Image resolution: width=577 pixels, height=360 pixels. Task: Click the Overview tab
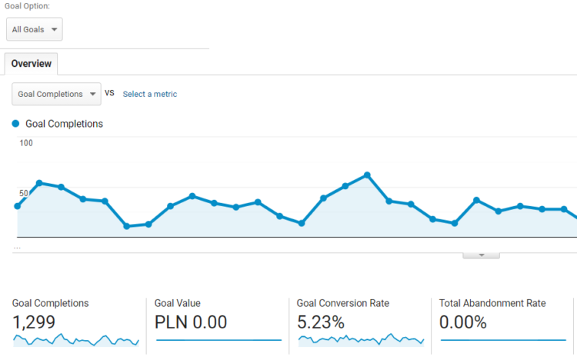[31, 64]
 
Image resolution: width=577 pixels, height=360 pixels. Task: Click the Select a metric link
[150, 94]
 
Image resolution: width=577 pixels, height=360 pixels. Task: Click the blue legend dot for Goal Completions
[16, 123]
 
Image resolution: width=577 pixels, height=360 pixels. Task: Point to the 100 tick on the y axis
[26, 143]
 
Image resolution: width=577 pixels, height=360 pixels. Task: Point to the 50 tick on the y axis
[24, 193]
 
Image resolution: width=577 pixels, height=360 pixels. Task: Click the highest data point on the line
[367, 175]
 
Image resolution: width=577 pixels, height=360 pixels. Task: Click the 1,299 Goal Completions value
[34, 322]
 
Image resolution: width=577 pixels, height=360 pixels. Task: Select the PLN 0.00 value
[191, 322]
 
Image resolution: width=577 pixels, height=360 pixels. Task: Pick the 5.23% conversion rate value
[321, 322]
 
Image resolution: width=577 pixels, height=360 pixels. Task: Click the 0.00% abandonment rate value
[463, 322]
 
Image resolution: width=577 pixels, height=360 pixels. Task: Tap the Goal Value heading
[177, 303]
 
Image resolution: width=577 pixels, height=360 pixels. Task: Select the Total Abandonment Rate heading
[492, 303]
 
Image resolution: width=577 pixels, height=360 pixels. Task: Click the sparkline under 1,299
[75, 339]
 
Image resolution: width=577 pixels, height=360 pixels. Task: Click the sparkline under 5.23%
[361, 339]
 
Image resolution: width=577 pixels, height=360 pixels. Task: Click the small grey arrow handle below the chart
[482, 255]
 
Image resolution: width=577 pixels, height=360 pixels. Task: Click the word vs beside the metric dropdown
[109, 93]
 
